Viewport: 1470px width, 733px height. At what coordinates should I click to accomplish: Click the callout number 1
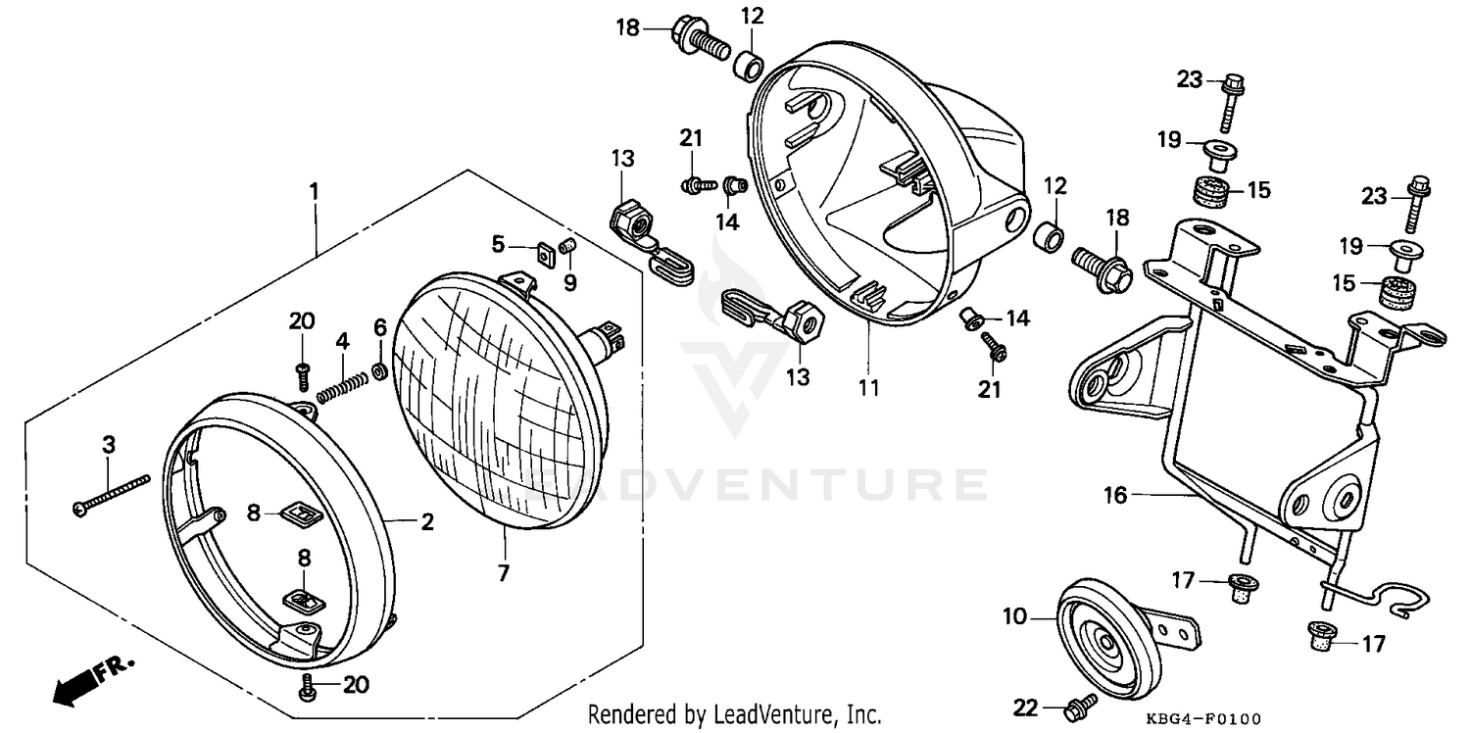click(x=315, y=190)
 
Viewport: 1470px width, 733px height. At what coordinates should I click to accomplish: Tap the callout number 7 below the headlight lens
click(x=503, y=573)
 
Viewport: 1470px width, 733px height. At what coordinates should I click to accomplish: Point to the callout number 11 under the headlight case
click(x=868, y=387)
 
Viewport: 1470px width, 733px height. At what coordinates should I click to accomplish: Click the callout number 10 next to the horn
click(x=1014, y=617)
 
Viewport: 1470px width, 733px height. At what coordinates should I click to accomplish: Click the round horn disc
click(x=1109, y=644)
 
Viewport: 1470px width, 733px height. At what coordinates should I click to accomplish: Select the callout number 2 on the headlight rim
click(x=427, y=522)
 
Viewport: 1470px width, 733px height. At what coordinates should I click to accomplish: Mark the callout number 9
click(x=569, y=283)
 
